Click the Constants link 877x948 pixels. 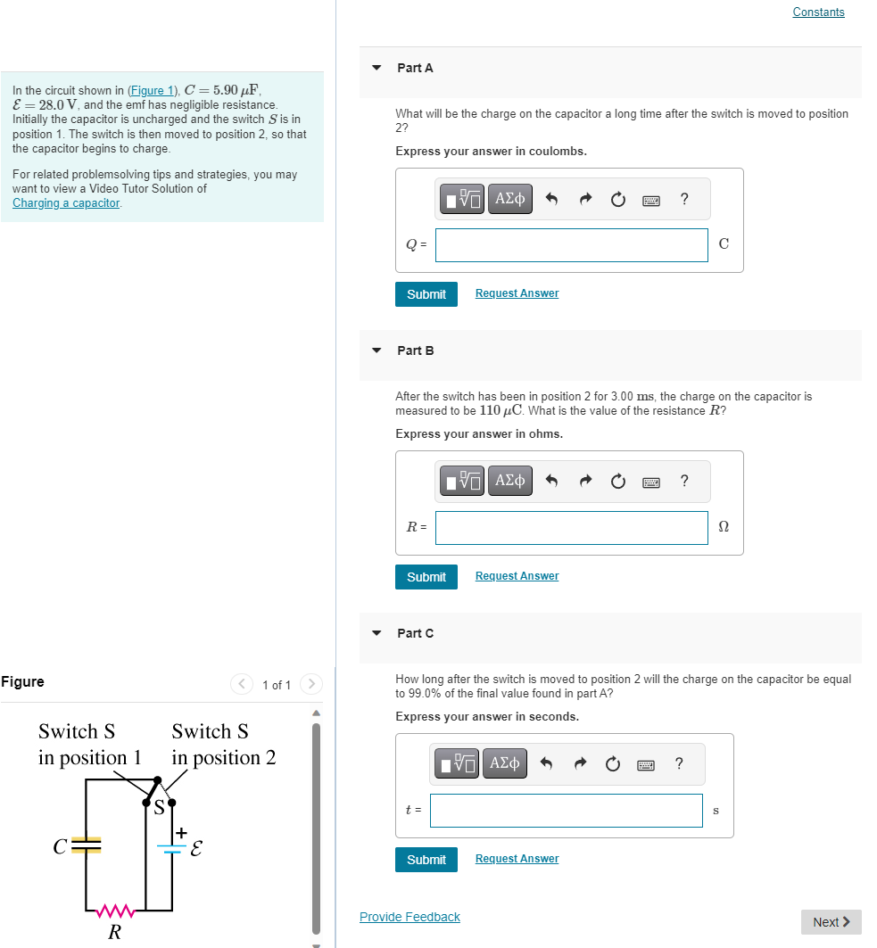[x=817, y=12]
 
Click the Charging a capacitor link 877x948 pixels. [x=65, y=202]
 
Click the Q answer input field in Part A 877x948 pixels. [x=571, y=245]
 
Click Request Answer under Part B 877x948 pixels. [x=517, y=576]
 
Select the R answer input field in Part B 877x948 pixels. [x=571, y=528]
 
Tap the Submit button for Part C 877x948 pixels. [x=426, y=860]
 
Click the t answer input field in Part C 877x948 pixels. [x=566, y=811]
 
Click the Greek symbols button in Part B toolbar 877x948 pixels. [x=509, y=481]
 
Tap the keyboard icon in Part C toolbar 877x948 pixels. [x=646, y=764]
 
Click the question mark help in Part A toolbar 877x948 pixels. [x=683, y=199]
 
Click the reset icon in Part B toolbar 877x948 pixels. [x=618, y=482]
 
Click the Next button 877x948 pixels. [x=831, y=922]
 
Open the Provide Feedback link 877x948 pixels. [x=410, y=917]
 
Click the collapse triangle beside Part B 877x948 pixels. [x=376, y=350]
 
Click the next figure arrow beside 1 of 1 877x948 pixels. [x=311, y=685]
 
